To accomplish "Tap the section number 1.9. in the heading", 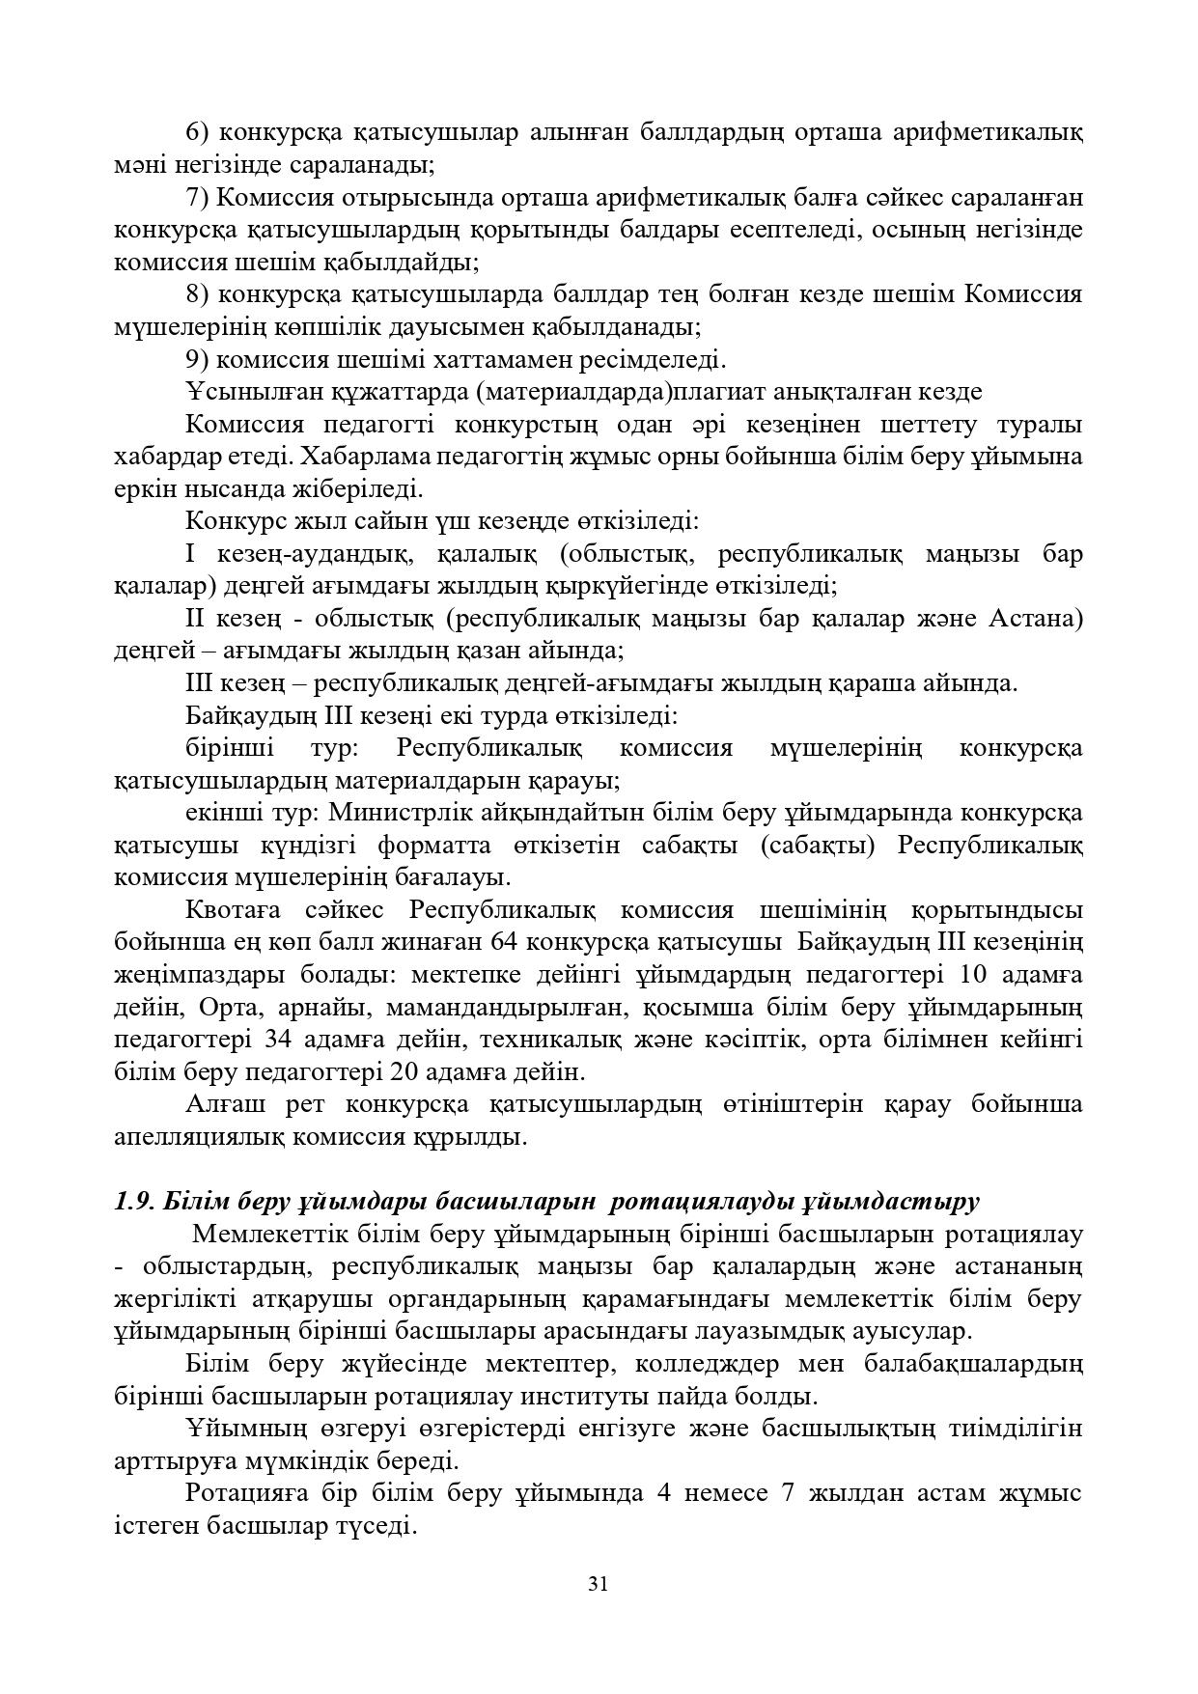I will pos(134,1202).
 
